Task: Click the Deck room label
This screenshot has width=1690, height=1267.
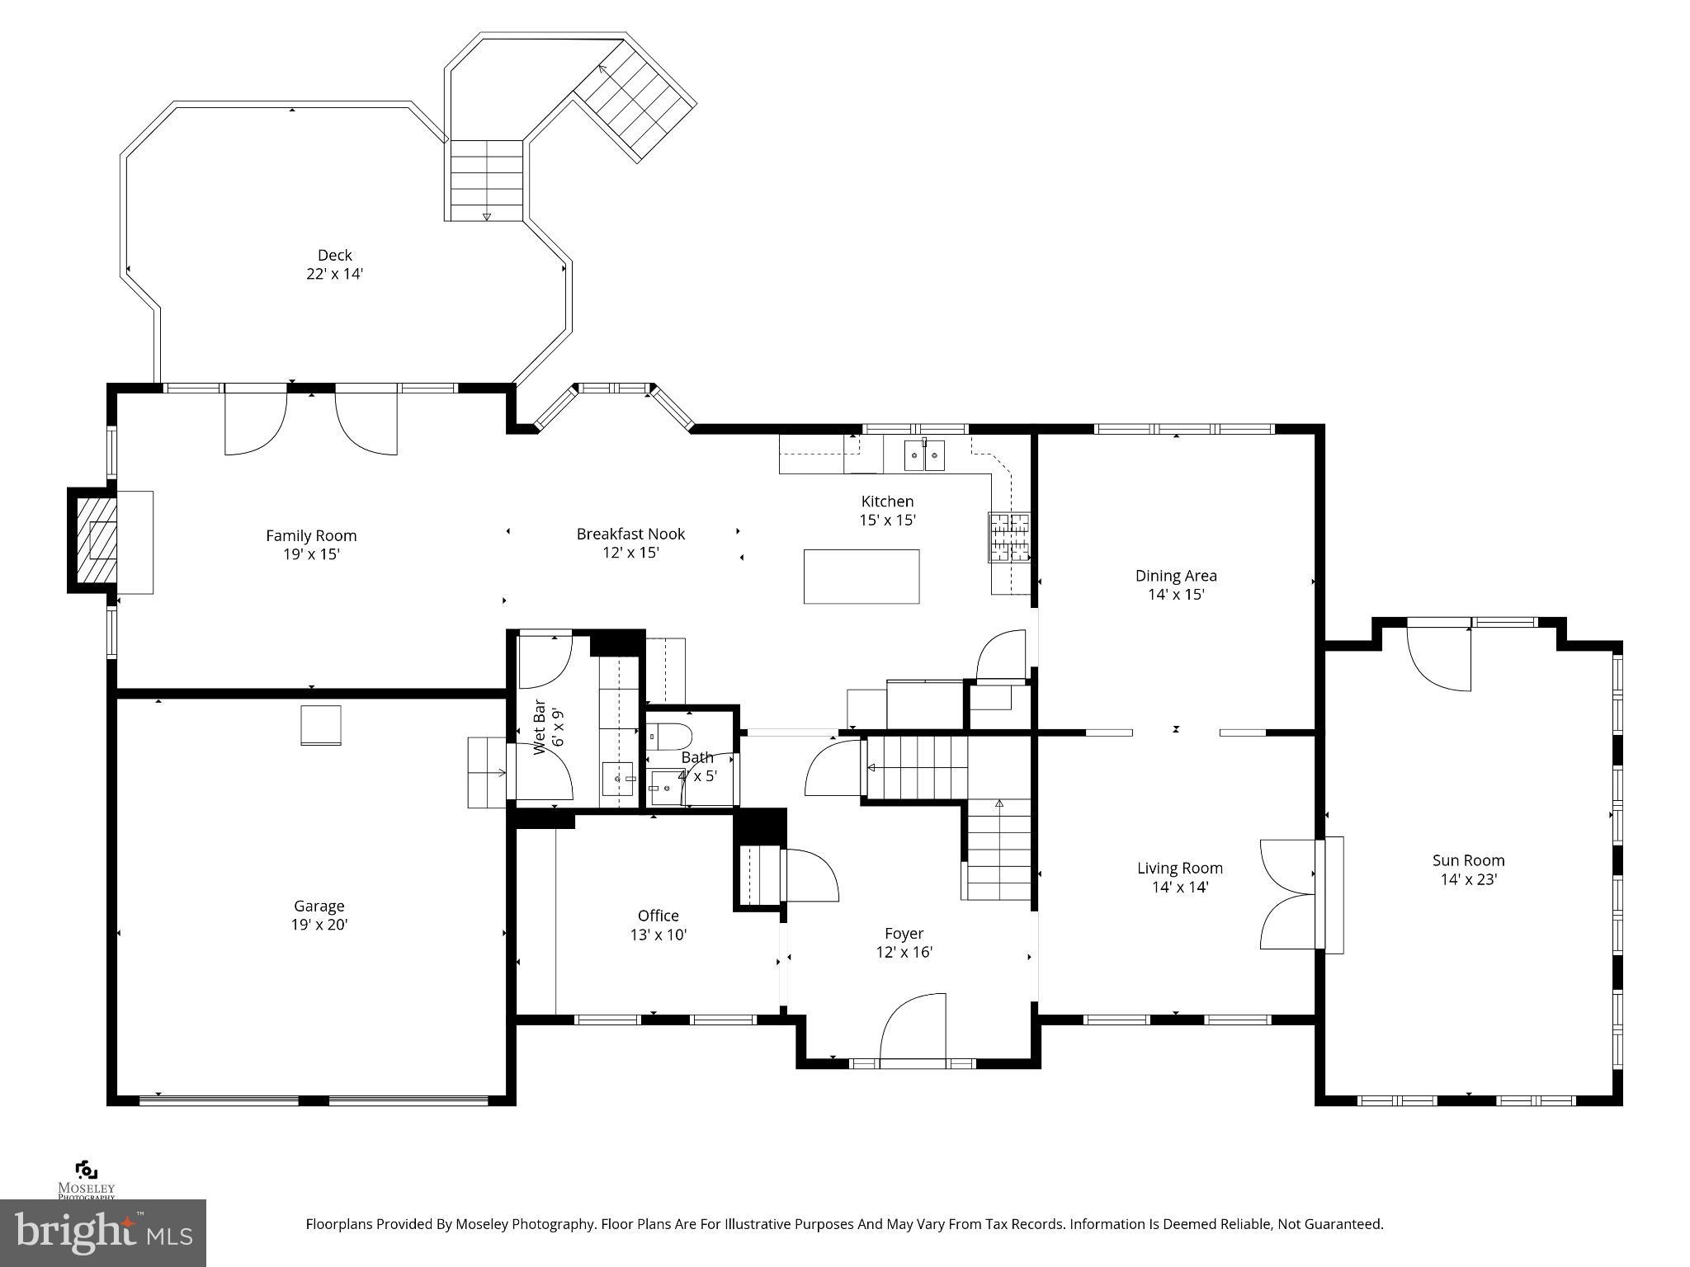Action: point(335,255)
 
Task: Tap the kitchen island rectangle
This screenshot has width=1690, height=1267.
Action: point(862,577)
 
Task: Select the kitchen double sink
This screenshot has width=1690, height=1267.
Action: point(924,455)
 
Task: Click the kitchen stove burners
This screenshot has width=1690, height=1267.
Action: point(1010,537)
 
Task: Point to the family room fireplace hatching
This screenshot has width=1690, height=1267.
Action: point(92,541)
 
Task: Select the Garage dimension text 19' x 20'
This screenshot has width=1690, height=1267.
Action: point(319,925)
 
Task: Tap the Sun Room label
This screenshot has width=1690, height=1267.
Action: point(1468,860)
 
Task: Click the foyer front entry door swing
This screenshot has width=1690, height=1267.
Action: point(913,1026)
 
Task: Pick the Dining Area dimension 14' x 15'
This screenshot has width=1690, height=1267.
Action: point(1176,594)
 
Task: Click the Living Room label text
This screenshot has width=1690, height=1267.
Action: point(1179,868)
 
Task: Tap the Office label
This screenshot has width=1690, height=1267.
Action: point(658,916)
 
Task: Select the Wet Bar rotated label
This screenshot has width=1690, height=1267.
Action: point(540,727)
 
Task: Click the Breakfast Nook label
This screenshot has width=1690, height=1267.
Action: point(630,534)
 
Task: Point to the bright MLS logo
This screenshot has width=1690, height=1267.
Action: point(102,1232)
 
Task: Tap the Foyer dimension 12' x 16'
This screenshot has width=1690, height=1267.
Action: point(904,952)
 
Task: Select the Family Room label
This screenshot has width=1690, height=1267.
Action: point(311,535)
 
